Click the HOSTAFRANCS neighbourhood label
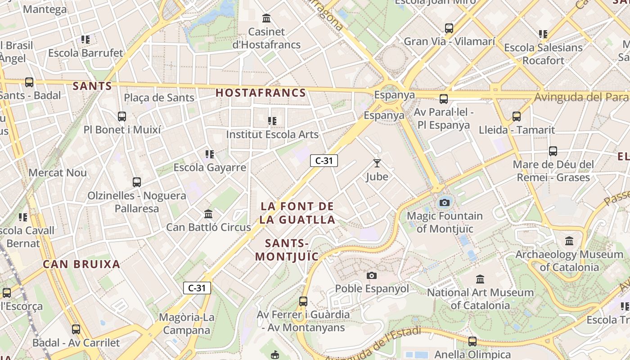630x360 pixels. click(261, 93)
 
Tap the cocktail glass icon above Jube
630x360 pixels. click(377, 163)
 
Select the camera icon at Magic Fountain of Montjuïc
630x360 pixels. click(445, 202)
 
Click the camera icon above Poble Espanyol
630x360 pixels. click(372, 275)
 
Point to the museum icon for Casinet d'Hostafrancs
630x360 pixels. click(266, 18)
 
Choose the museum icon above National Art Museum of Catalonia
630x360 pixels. click(480, 279)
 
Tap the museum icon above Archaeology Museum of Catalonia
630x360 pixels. click(569, 241)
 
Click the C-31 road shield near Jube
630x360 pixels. click(324, 161)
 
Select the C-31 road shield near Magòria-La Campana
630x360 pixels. click(197, 288)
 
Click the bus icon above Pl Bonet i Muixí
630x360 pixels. click(122, 117)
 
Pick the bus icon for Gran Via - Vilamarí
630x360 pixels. click(449, 28)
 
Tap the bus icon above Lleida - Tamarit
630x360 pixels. click(517, 117)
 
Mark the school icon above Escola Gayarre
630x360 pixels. click(210, 154)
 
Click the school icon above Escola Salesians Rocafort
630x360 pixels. click(543, 34)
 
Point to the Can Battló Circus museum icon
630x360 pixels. click(208, 214)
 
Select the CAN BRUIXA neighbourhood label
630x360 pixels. click(81, 264)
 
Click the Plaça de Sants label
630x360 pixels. click(159, 98)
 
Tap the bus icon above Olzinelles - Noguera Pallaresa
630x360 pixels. click(137, 182)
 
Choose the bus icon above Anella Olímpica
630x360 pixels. click(472, 342)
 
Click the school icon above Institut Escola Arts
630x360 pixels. click(272, 121)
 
